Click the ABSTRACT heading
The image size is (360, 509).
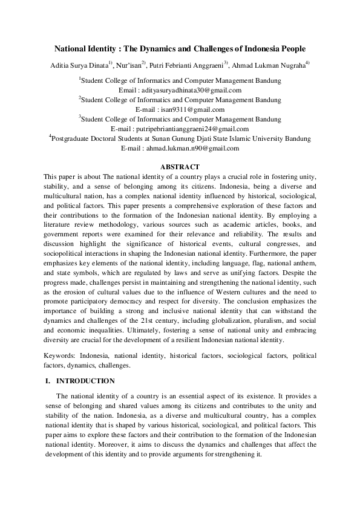180,166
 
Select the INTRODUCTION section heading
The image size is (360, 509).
85,381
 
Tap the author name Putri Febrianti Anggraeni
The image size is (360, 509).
187,64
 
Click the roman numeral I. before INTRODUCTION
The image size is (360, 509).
48,381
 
